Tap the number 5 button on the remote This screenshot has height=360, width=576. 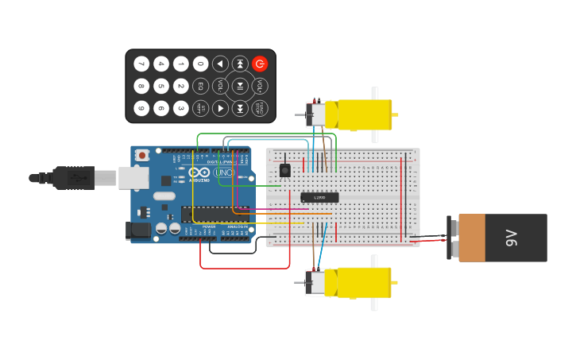click(x=161, y=86)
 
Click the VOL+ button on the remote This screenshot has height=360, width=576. click(x=260, y=86)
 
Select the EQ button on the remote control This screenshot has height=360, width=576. click(x=200, y=86)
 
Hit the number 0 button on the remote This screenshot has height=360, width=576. click(x=200, y=64)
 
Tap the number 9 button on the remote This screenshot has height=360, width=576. click(x=141, y=108)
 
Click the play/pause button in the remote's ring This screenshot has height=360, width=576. click(x=240, y=86)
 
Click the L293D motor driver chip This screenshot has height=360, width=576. click(x=319, y=197)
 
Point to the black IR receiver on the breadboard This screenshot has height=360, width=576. click(x=284, y=170)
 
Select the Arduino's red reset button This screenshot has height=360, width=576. click(x=142, y=155)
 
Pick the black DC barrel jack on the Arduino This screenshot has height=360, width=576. click(x=138, y=231)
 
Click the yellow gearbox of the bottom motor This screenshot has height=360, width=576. click(x=363, y=282)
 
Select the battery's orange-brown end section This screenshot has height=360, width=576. click(x=471, y=238)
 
